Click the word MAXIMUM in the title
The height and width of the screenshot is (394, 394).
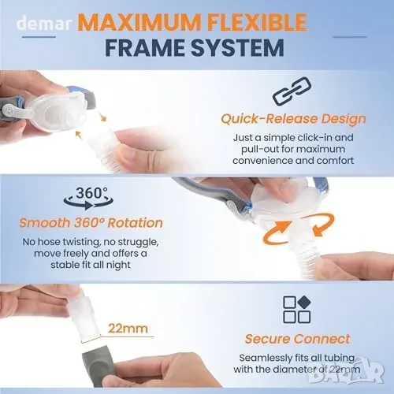click(x=139, y=22)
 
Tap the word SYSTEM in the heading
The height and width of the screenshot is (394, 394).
click(x=237, y=48)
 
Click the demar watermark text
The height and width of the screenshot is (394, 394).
click(x=44, y=23)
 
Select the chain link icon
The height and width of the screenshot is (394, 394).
click(x=292, y=91)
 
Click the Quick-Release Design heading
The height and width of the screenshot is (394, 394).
click(x=293, y=119)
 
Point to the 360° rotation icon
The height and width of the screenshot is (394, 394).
click(x=89, y=198)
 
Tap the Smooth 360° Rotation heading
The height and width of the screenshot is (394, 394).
click(x=91, y=223)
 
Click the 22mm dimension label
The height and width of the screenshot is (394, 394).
click(x=128, y=329)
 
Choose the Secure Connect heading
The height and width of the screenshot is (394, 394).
click(x=298, y=339)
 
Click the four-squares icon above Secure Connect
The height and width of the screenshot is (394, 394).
click(x=297, y=310)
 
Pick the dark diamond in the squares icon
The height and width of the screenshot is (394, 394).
click(x=304, y=302)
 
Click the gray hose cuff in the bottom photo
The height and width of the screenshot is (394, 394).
click(x=98, y=369)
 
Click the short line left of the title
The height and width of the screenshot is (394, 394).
click(x=39, y=37)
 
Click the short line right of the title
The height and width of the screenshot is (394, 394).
click(x=350, y=37)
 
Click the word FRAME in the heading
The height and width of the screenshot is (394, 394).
click(x=146, y=48)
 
